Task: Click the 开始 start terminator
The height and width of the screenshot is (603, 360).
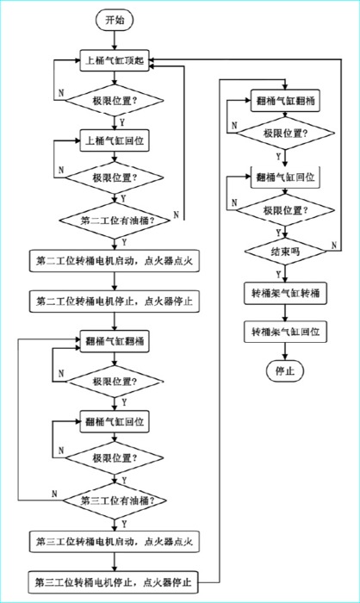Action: (115, 21)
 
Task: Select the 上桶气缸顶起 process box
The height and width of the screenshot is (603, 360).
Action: (115, 61)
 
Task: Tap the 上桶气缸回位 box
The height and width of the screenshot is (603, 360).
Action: (115, 140)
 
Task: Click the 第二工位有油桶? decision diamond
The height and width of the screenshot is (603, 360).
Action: (115, 221)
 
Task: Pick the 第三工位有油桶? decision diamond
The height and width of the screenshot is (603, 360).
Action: (115, 500)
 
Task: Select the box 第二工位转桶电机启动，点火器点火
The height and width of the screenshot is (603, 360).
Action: (115, 261)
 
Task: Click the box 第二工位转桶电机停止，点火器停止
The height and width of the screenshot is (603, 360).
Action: (115, 301)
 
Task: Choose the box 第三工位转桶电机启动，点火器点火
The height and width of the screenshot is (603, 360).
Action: (115, 542)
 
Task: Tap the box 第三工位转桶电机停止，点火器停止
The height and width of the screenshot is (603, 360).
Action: (114, 582)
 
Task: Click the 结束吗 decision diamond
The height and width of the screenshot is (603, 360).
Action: (285, 252)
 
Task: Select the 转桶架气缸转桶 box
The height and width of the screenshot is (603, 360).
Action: (285, 294)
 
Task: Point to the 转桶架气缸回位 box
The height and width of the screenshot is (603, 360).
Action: (285, 332)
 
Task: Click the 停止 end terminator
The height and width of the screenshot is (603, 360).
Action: (285, 371)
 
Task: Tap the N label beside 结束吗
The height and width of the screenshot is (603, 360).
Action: (334, 245)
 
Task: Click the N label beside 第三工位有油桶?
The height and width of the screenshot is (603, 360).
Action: (54, 494)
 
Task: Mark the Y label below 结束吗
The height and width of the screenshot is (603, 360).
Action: (278, 274)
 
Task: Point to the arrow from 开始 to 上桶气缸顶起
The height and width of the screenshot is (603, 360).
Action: (115, 40)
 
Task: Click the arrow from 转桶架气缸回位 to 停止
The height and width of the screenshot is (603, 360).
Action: (285, 351)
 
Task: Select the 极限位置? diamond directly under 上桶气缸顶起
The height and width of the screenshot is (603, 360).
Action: (115, 101)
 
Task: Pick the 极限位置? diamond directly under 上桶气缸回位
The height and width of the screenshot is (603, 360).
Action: (115, 177)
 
